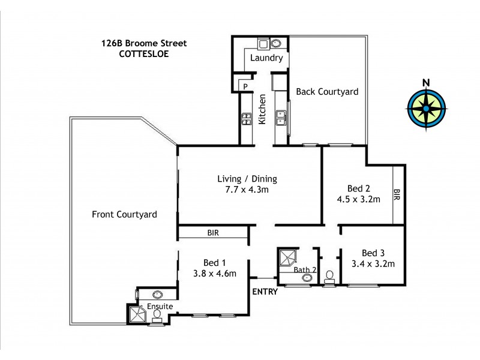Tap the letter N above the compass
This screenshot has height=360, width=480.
(425, 83)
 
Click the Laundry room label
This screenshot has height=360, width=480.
(268, 59)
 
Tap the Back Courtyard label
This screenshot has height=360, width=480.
(328, 92)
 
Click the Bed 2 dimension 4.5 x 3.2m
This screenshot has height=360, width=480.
(359, 199)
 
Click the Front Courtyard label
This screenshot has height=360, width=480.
(124, 214)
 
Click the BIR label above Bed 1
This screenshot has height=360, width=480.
(213, 233)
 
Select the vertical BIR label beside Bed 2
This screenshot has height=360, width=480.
(397, 194)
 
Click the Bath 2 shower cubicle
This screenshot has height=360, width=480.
(287, 259)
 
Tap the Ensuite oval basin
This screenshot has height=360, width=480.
(158, 295)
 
